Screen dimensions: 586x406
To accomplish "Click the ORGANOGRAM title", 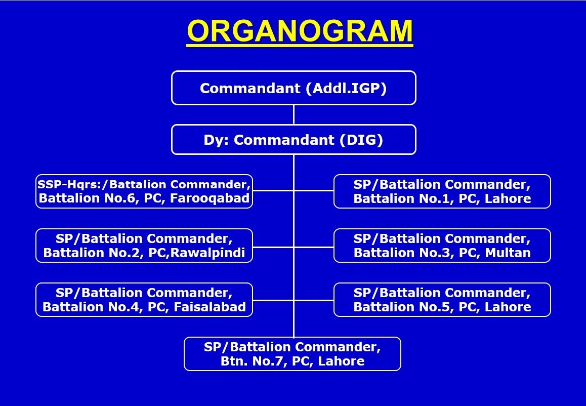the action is point(300,31).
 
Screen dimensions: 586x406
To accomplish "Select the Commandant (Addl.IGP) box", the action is point(294,88).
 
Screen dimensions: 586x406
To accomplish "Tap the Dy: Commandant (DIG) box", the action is point(294,139).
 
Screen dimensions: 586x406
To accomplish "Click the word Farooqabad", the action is point(210,198).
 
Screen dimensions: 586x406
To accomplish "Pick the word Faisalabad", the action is point(210,307).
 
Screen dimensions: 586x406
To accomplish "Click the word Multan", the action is point(508,253).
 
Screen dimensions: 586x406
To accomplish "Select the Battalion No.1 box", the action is point(442,191).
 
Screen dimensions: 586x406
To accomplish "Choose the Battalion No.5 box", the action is point(442,300).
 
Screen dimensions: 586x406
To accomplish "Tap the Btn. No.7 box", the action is point(292,354).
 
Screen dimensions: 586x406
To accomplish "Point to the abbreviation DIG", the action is point(361,140).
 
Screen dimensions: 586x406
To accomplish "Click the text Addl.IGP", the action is point(346,88).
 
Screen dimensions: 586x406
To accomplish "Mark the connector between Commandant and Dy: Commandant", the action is point(294,115).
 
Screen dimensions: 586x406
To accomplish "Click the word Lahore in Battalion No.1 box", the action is point(508,198).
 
